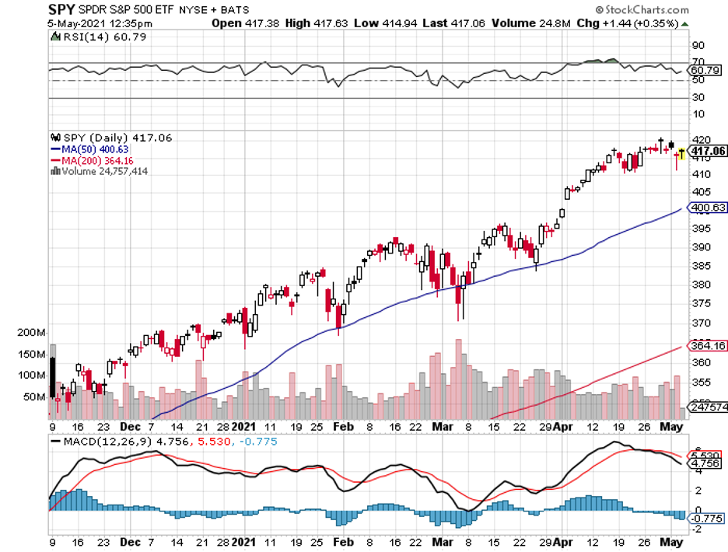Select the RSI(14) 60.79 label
(85, 36)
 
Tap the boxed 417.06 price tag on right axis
(708, 151)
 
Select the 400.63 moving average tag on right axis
(708, 208)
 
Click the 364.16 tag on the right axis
(708, 345)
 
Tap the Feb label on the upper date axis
(343, 427)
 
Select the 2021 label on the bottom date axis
(244, 542)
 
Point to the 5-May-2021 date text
(33, 23)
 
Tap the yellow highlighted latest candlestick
(683, 152)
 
